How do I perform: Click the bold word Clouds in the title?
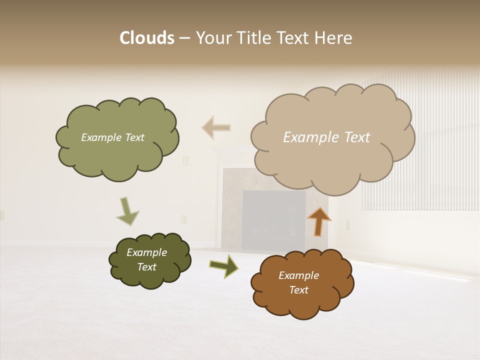coord(146,38)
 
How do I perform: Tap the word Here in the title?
coord(334,38)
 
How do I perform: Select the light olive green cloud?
coord(117,138)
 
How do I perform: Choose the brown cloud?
coord(302,283)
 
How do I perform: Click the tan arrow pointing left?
coord(216,127)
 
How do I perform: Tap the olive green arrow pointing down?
coord(127,211)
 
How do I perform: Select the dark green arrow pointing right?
coord(224,265)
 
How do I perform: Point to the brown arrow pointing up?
coord(319,221)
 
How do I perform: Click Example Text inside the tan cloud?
coord(326,137)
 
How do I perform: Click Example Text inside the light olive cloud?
coord(112,137)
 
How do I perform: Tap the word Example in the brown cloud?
coord(298,275)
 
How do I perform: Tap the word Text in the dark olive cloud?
coord(146,267)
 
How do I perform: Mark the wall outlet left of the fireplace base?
coord(183,219)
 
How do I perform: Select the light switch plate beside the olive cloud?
coord(185,160)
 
